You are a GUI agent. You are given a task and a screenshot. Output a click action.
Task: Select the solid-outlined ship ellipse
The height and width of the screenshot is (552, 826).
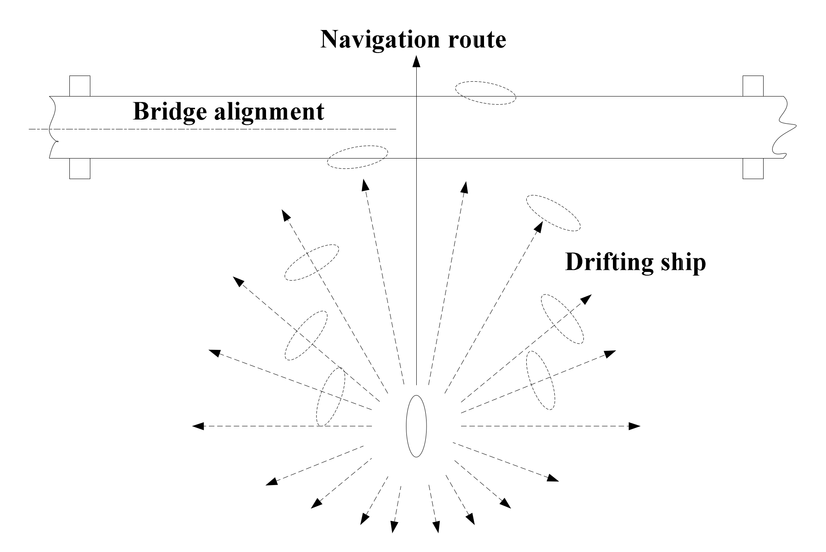click(416, 426)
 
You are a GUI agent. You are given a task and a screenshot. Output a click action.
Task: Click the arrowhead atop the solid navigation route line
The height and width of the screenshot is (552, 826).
click(416, 62)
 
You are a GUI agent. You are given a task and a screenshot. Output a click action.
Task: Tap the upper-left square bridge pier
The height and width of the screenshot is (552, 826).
click(80, 86)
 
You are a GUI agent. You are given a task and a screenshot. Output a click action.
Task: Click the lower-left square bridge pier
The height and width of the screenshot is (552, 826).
click(80, 169)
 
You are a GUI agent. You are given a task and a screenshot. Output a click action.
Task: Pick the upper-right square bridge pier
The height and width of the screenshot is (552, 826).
click(753, 86)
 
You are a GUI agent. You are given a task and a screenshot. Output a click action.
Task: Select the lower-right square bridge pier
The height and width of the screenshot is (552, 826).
click(753, 169)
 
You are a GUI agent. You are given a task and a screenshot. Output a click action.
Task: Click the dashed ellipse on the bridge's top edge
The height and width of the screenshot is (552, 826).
click(485, 93)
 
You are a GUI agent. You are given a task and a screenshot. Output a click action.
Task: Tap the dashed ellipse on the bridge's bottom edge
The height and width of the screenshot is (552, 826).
click(357, 157)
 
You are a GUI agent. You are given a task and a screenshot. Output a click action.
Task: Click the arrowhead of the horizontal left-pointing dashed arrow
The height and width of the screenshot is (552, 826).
click(198, 426)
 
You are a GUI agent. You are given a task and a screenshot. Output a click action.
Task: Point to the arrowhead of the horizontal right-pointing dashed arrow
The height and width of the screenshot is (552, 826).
click(635, 426)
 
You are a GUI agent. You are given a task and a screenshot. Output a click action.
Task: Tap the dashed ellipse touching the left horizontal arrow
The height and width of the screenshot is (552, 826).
click(330, 396)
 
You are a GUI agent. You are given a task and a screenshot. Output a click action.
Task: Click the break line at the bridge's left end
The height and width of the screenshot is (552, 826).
click(52, 127)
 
